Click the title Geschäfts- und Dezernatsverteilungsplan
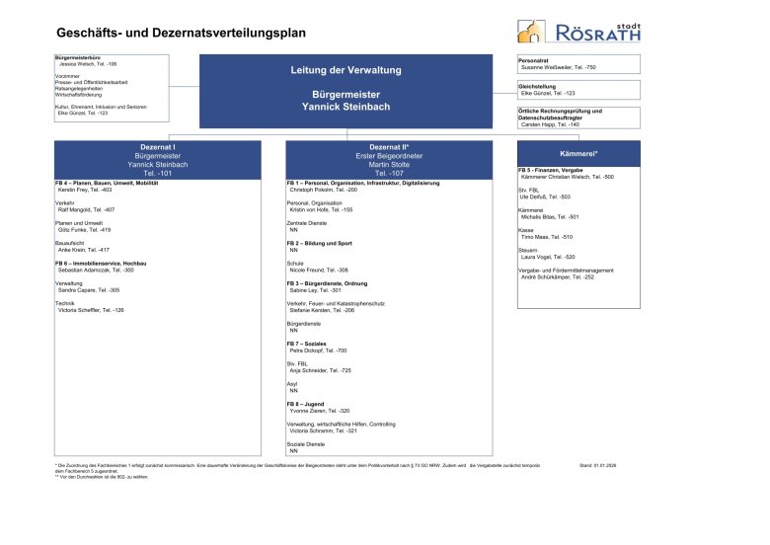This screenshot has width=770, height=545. coord(181,34)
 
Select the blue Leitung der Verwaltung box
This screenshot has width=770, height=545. coord(346,88)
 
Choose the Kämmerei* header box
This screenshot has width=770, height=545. coord(578,155)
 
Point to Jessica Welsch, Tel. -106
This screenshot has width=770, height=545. coord(87,63)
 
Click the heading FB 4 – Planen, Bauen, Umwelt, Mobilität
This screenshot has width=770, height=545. coord(107,184)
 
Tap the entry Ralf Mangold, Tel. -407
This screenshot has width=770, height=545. coord(87,210)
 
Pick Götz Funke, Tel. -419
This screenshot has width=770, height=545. coord(84,230)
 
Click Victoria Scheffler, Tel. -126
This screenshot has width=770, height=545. coord(91,310)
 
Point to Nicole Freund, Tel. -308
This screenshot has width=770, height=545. coord(319,270)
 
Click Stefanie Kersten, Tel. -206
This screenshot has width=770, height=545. coord(322,310)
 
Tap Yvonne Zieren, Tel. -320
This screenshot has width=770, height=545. coord(319,411)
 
